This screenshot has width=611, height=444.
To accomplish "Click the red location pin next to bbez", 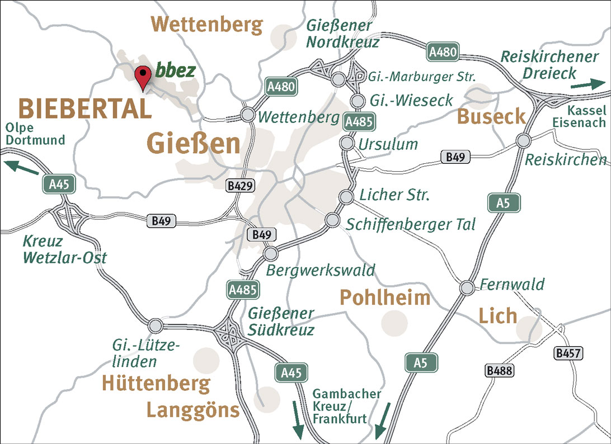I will tap(144, 77).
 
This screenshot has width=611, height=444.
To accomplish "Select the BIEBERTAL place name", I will tap(85, 108).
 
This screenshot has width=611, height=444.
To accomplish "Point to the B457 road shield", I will tap(569, 353).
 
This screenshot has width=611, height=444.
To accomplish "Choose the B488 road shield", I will tap(500, 370).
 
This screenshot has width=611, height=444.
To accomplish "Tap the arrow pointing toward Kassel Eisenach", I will tap(587, 84).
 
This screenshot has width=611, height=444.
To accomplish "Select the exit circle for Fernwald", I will tap(467, 287).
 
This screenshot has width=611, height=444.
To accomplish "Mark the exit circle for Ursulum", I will tap(347, 144).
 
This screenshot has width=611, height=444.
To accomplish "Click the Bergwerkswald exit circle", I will tap(271, 254).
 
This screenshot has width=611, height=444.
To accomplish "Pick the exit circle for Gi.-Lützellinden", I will tap(156, 324).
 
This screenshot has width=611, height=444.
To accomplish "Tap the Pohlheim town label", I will tap(385, 297).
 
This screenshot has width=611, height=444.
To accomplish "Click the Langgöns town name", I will tap(193, 410).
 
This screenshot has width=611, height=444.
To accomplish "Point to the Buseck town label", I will tap(492, 116).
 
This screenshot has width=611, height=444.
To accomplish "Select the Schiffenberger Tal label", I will tap(411, 224).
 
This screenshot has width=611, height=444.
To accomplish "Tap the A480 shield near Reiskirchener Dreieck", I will tap(444, 53).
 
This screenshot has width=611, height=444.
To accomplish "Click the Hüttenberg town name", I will tap(156, 384).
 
